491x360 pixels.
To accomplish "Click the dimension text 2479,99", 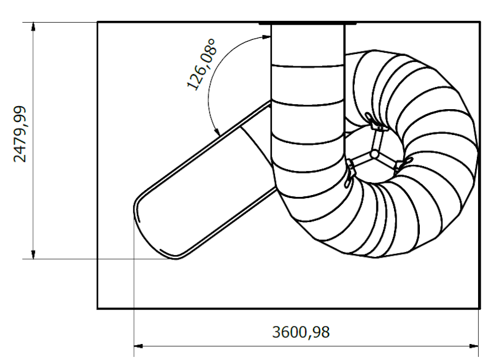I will [x=21, y=133].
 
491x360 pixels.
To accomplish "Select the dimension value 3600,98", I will [x=301, y=332].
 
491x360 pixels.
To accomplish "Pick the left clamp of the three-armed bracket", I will [x=350, y=172].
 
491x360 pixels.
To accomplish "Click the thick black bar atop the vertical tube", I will [x=307, y=23].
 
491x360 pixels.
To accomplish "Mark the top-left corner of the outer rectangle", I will [x=98, y=23].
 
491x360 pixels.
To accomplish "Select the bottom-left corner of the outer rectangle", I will [x=98, y=308].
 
